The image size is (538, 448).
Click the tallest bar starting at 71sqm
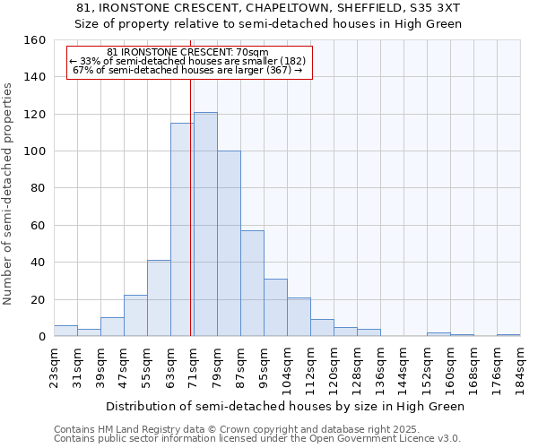[205, 224]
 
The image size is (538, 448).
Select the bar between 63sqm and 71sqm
[182, 229]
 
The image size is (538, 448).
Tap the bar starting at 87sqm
[252, 283]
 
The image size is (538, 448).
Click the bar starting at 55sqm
[159, 298]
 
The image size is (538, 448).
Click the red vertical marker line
[190, 206]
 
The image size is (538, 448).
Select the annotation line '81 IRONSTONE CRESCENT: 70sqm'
[187, 53]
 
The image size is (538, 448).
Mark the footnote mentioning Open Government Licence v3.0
[257, 439]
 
